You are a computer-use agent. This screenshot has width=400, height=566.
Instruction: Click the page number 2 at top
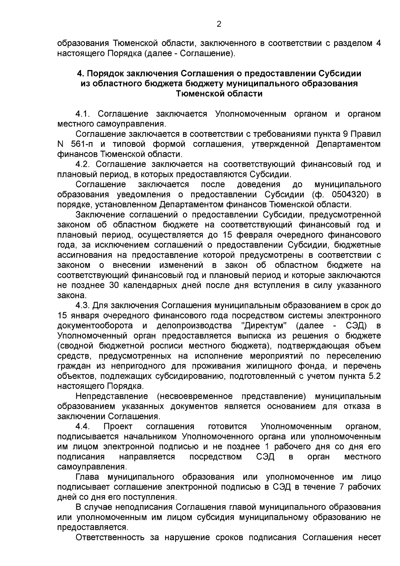pos(219,24)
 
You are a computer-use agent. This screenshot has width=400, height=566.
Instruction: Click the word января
pos(84,316)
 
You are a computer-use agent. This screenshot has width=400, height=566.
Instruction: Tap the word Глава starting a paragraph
pos(87,477)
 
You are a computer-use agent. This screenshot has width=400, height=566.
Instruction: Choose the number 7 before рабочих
pos(341,487)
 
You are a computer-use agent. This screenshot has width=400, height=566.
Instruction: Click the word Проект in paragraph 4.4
pos(118,427)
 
